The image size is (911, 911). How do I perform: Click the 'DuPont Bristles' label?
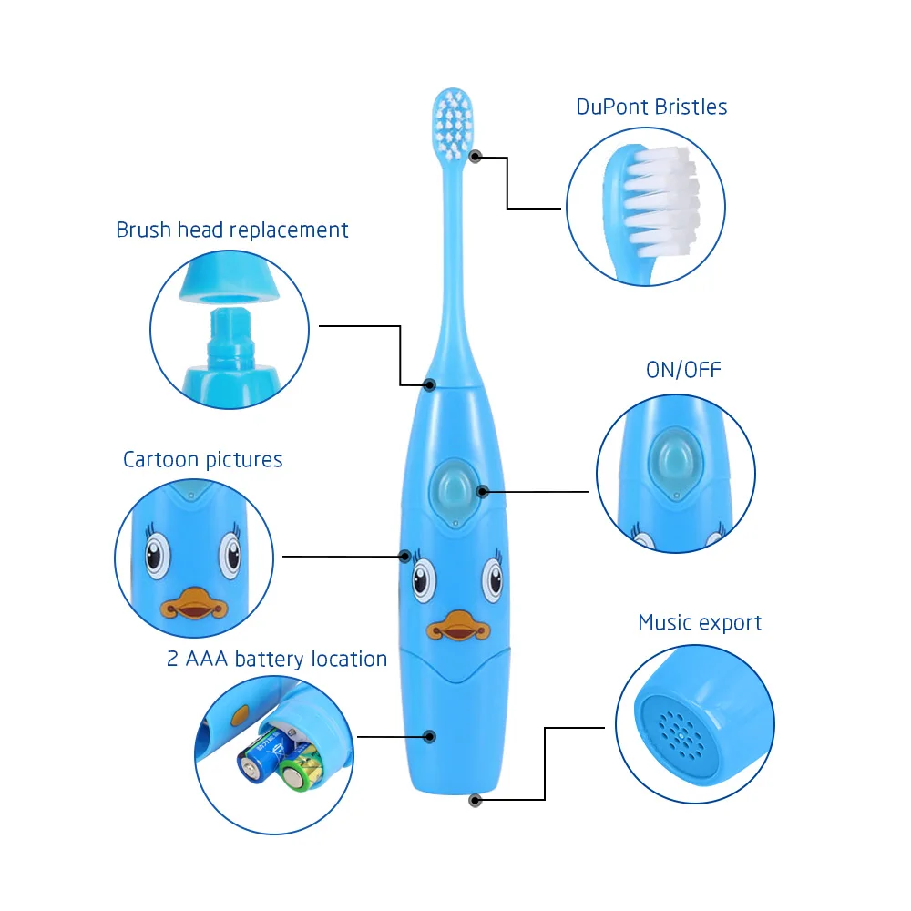(651, 107)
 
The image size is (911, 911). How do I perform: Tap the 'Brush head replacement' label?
(231, 230)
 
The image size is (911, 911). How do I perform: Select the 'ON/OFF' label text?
(682, 369)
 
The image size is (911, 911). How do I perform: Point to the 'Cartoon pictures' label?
(202, 459)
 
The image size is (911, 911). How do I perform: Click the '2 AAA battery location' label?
(277, 659)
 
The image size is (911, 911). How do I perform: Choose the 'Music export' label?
(700, 623)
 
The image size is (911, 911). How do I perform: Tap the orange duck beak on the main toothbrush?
(453, 626)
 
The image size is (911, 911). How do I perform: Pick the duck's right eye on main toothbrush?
(493, 578)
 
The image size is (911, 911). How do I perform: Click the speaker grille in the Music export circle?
(676, 729)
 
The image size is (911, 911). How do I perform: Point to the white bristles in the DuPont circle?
(663, 200)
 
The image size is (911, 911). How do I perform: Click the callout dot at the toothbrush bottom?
(475, 800)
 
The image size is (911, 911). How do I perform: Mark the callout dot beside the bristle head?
(475, 157)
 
